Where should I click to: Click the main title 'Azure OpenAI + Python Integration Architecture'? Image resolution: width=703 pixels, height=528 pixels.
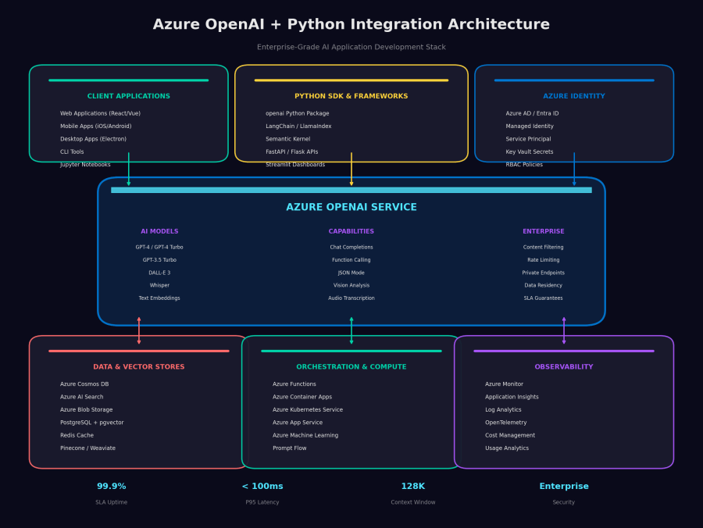351,25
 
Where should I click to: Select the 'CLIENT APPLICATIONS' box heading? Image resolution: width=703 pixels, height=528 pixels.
129,96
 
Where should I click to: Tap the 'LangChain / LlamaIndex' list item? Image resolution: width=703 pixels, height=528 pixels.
298,127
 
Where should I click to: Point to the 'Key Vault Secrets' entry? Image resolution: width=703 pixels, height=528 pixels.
530,152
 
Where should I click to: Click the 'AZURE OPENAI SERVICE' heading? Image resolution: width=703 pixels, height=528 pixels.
351,208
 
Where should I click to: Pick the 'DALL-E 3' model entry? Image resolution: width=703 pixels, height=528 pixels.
159,273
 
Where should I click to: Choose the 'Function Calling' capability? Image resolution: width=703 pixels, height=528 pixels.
351,260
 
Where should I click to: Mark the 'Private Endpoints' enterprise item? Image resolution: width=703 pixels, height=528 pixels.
544,273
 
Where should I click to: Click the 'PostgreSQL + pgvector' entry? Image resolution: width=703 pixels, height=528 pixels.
92,423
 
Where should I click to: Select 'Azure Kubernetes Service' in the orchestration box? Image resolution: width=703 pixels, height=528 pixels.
308,410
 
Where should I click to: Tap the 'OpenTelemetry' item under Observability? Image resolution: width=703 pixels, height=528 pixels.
507,423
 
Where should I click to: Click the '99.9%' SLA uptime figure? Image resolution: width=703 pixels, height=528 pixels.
112,487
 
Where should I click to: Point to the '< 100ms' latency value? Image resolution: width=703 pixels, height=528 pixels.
262,487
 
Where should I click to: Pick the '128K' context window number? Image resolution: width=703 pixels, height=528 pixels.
413,487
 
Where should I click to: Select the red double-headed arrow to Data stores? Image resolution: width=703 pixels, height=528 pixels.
139,330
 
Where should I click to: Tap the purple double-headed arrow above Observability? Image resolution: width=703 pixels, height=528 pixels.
564,330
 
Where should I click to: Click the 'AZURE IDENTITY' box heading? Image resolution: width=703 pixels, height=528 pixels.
574,96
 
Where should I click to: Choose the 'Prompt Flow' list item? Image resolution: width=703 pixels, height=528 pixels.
290,448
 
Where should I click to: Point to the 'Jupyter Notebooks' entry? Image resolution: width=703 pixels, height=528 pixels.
85,165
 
